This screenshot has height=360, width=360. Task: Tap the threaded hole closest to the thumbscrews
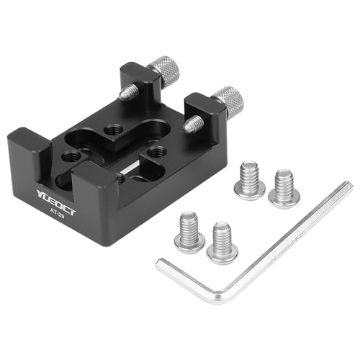click(113, 130)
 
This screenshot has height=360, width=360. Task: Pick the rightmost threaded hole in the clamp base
click(158, 152)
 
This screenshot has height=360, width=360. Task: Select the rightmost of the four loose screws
click(282, 186)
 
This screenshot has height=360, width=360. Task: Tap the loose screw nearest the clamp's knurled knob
click(249, 179)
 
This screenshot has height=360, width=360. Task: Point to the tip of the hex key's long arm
click(346, 189)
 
